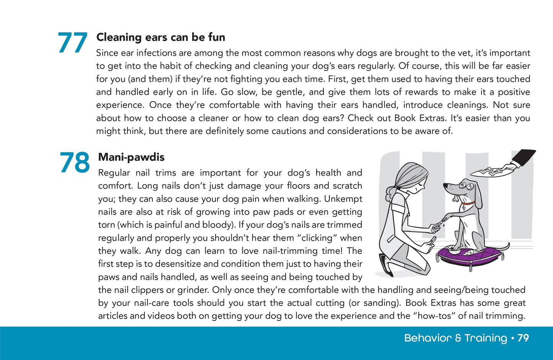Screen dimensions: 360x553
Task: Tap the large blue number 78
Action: point(75,163)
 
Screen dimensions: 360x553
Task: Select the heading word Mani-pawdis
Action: point(131,157)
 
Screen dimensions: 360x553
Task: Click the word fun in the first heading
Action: point(217,37)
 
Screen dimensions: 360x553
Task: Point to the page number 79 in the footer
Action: point(523,338)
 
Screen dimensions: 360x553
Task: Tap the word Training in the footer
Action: point(486,338)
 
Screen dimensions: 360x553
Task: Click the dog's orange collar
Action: point(468,203)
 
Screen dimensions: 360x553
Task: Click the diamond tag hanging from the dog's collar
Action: point(464,208)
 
